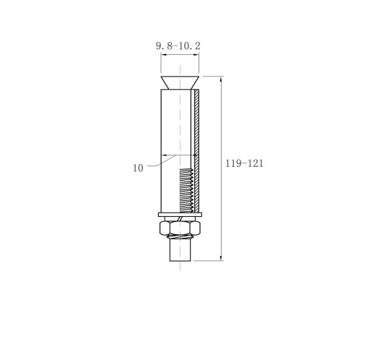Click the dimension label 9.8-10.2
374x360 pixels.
(x=178, y=46)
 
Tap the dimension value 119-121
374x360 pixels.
(x=244, y=163)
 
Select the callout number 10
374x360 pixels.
(x=138, y=168)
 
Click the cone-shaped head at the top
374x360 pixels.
(x=180, y=82)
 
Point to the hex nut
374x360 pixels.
(x=180, y=228)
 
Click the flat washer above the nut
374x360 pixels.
(x=180, y=215)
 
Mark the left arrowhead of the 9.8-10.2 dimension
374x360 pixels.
(x=163, y=55)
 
